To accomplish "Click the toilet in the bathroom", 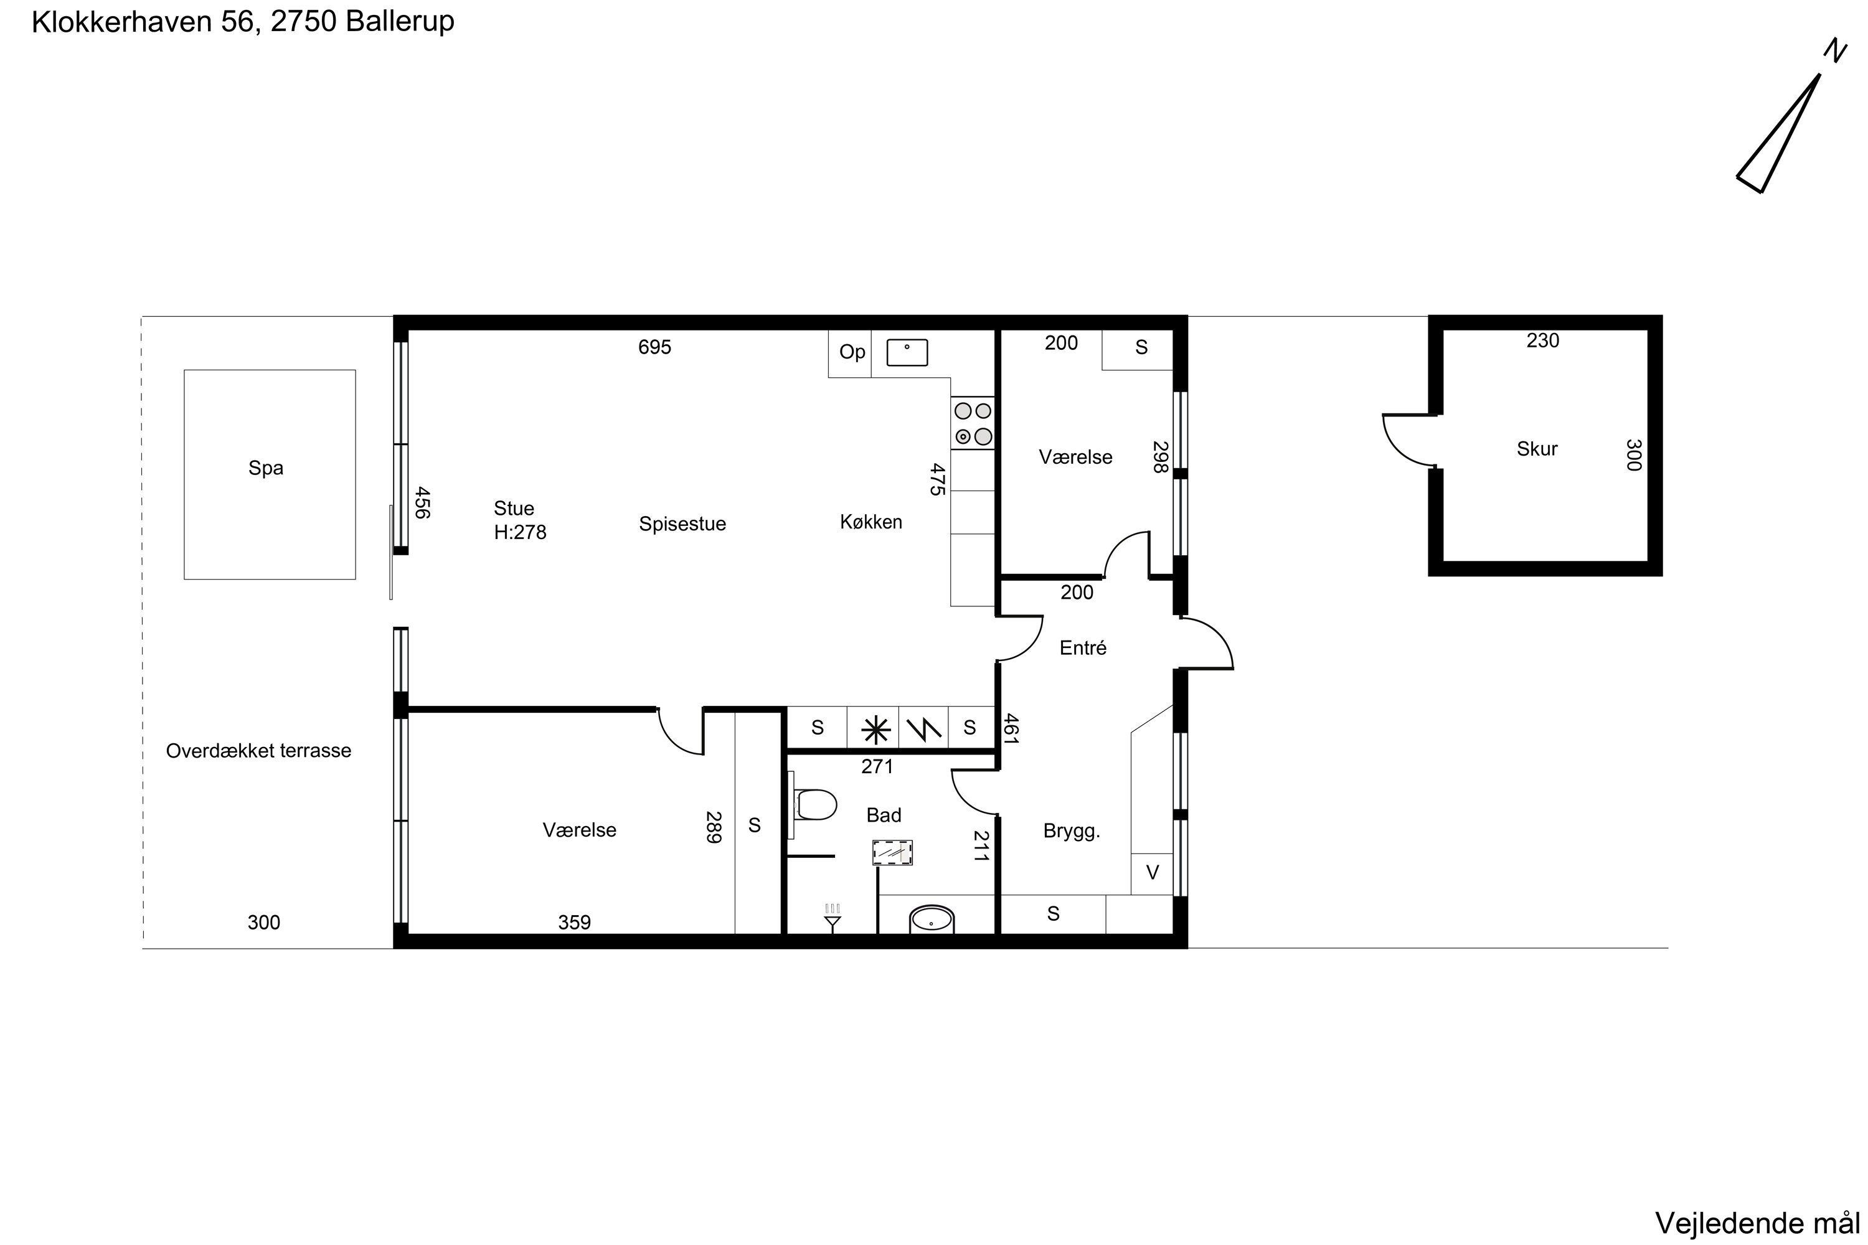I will (815, 804).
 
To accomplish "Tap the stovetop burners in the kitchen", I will (972, 423).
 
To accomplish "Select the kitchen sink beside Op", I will (907, 352).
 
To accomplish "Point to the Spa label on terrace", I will (265, 467).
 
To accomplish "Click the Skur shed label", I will (1536, 449).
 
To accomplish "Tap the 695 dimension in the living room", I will (654, 347).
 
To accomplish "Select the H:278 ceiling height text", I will (519, 532).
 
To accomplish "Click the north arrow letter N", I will (1834, 51).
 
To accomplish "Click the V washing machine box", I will (1151, 873).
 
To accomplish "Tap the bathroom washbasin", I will (931, 919).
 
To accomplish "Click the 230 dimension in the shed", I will (1542, 341).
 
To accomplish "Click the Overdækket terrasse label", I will (258, 750).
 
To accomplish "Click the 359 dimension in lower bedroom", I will (573, 922).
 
